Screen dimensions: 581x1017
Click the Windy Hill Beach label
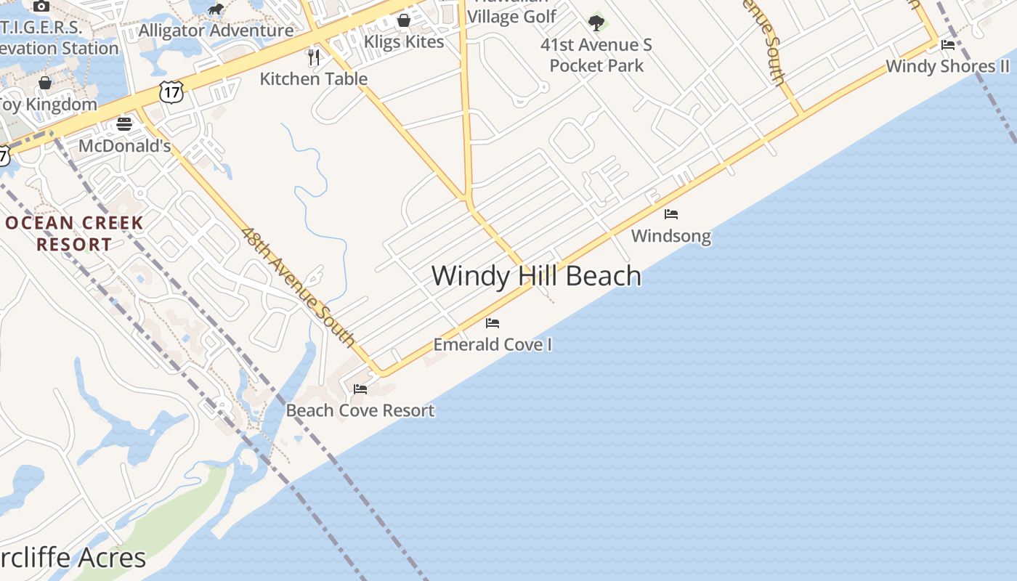536,276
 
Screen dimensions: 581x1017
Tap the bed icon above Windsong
671,214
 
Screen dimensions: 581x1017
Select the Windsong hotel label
670,236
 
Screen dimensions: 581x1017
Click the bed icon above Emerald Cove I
493,322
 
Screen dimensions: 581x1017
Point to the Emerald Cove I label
493,344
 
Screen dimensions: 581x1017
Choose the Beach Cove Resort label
360,410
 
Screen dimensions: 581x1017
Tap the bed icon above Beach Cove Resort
360,389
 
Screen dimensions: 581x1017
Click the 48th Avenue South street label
299,288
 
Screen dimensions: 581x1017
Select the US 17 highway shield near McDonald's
172,92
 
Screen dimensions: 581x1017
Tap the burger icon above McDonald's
124,124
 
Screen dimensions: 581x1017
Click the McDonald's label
124,146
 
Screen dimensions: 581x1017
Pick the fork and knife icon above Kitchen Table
314,57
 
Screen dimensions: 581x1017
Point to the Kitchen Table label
314,78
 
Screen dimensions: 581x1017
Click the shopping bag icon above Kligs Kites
404,20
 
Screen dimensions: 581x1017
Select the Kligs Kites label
404,41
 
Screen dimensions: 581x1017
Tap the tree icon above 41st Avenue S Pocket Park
596,23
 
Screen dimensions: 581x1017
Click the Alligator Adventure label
216,31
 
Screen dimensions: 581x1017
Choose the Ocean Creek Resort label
74,233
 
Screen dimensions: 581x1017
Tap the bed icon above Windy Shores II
948,45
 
